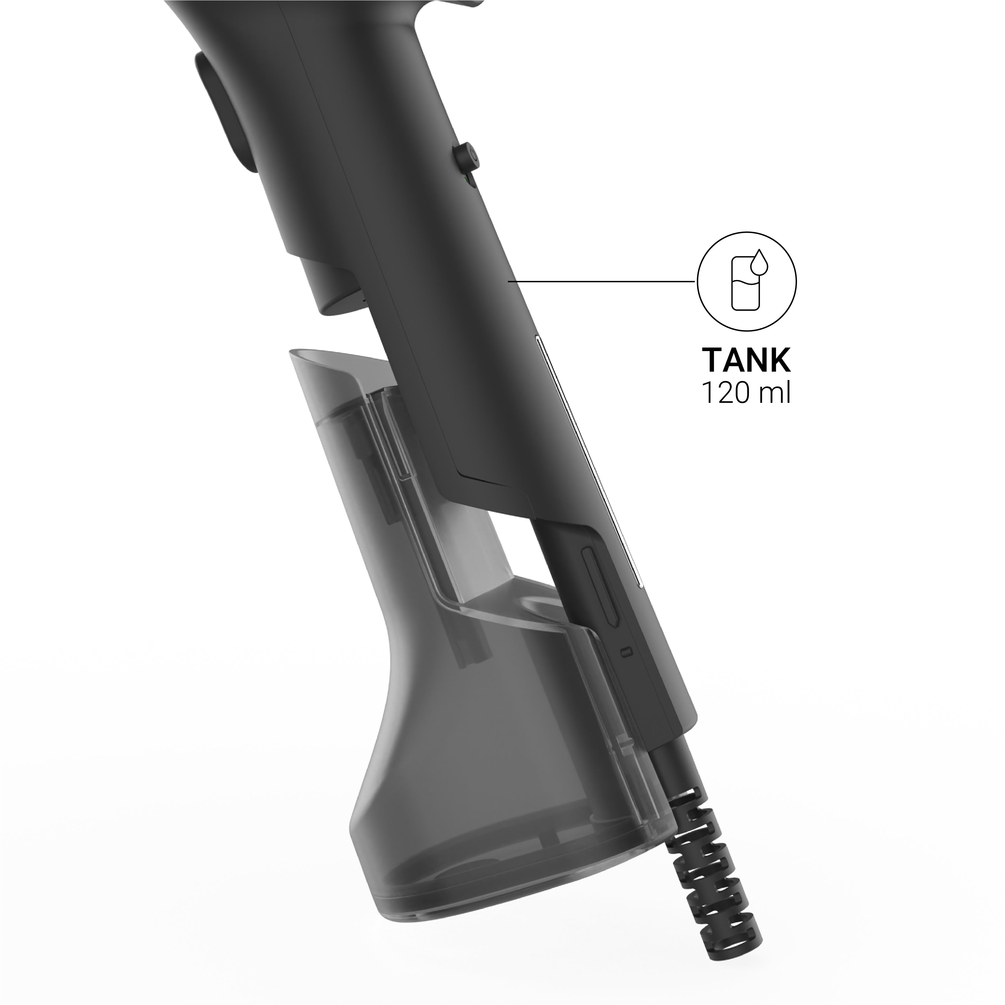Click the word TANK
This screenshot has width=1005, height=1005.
(x=747, y=360)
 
